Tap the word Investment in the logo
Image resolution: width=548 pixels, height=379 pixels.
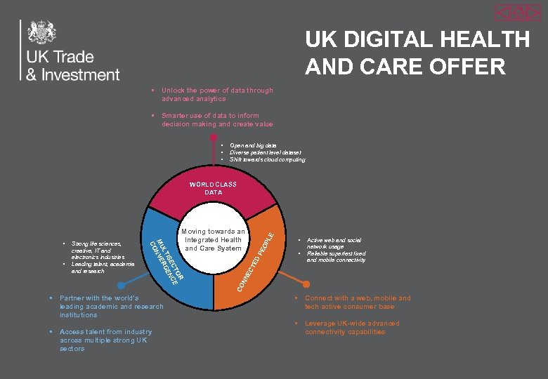click(x=81, y=74)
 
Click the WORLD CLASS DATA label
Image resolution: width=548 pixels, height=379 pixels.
click(x=213, y=188)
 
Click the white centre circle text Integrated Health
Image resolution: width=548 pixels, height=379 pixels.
click(x=213, y=239)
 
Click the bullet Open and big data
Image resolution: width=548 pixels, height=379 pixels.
click(x=253, y=145)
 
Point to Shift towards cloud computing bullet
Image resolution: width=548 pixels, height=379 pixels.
click(x=267, y=159)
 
